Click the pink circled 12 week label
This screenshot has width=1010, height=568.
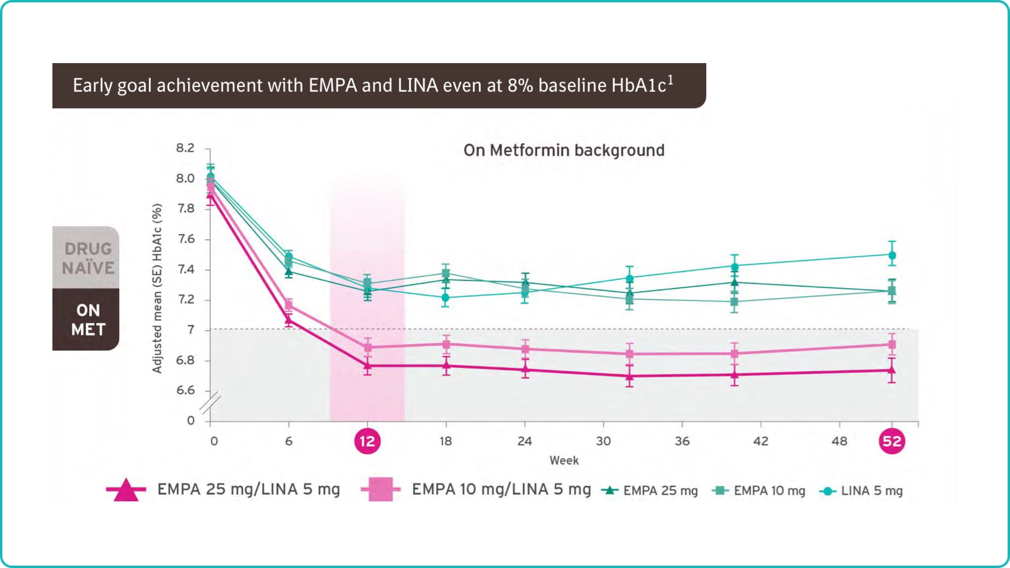367,441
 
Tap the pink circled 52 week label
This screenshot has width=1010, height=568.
892,441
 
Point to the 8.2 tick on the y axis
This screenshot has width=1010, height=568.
185,148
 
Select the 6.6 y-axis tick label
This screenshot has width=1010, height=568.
185,391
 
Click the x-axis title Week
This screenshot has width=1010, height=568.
564,460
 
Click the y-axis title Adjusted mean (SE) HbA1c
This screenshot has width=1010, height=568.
157,289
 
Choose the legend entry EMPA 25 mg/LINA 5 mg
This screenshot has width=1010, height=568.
248,489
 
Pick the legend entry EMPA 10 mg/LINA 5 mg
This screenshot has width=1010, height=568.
501,489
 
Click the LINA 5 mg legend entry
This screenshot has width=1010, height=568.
871,491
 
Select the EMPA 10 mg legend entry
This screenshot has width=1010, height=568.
769,491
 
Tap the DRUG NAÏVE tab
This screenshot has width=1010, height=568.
87,258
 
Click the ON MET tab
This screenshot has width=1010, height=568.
88,320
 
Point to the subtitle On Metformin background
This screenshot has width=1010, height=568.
564,150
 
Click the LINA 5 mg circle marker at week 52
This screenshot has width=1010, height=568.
892,255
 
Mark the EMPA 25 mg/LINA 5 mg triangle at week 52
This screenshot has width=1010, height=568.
892,370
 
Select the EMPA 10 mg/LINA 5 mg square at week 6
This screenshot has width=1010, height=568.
289,305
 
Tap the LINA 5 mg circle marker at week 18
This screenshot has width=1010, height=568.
445,297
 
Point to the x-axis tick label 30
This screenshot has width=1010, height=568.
603,441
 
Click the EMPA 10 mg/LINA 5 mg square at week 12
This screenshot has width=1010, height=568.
368,347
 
